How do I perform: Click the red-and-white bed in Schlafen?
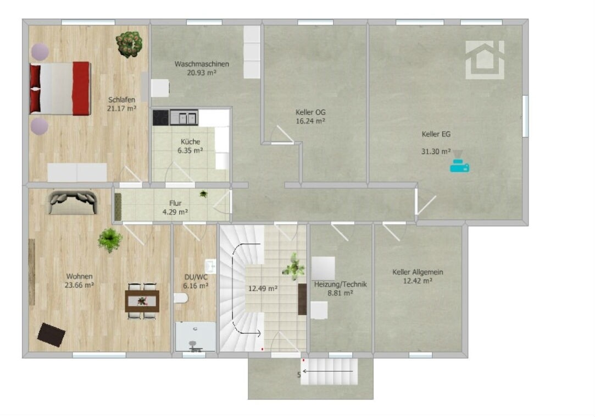click(60, 88)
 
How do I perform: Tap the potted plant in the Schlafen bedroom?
click(130, 44)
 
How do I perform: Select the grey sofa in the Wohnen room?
click(73, 202)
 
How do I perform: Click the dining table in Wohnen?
click(142, 301)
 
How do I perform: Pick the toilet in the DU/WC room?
click(181, 298)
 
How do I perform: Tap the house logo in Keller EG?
click(485, 59)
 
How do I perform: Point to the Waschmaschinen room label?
click(202, 64)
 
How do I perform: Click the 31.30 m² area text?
click(436, 151)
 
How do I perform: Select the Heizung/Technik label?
click(341, 284)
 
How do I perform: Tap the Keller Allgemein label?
click(418, 272)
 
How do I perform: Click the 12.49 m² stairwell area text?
click(263, 288)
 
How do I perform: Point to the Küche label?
click(190, 141)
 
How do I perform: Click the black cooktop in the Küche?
click(161, 118)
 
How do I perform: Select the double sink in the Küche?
click(184, 118)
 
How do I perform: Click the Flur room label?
click(175, 203)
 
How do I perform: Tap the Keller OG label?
click(310, 112)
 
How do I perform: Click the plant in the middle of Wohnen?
click(110, 240)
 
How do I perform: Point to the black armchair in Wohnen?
click(51, 334)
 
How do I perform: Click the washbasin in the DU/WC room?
click(210, 266)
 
